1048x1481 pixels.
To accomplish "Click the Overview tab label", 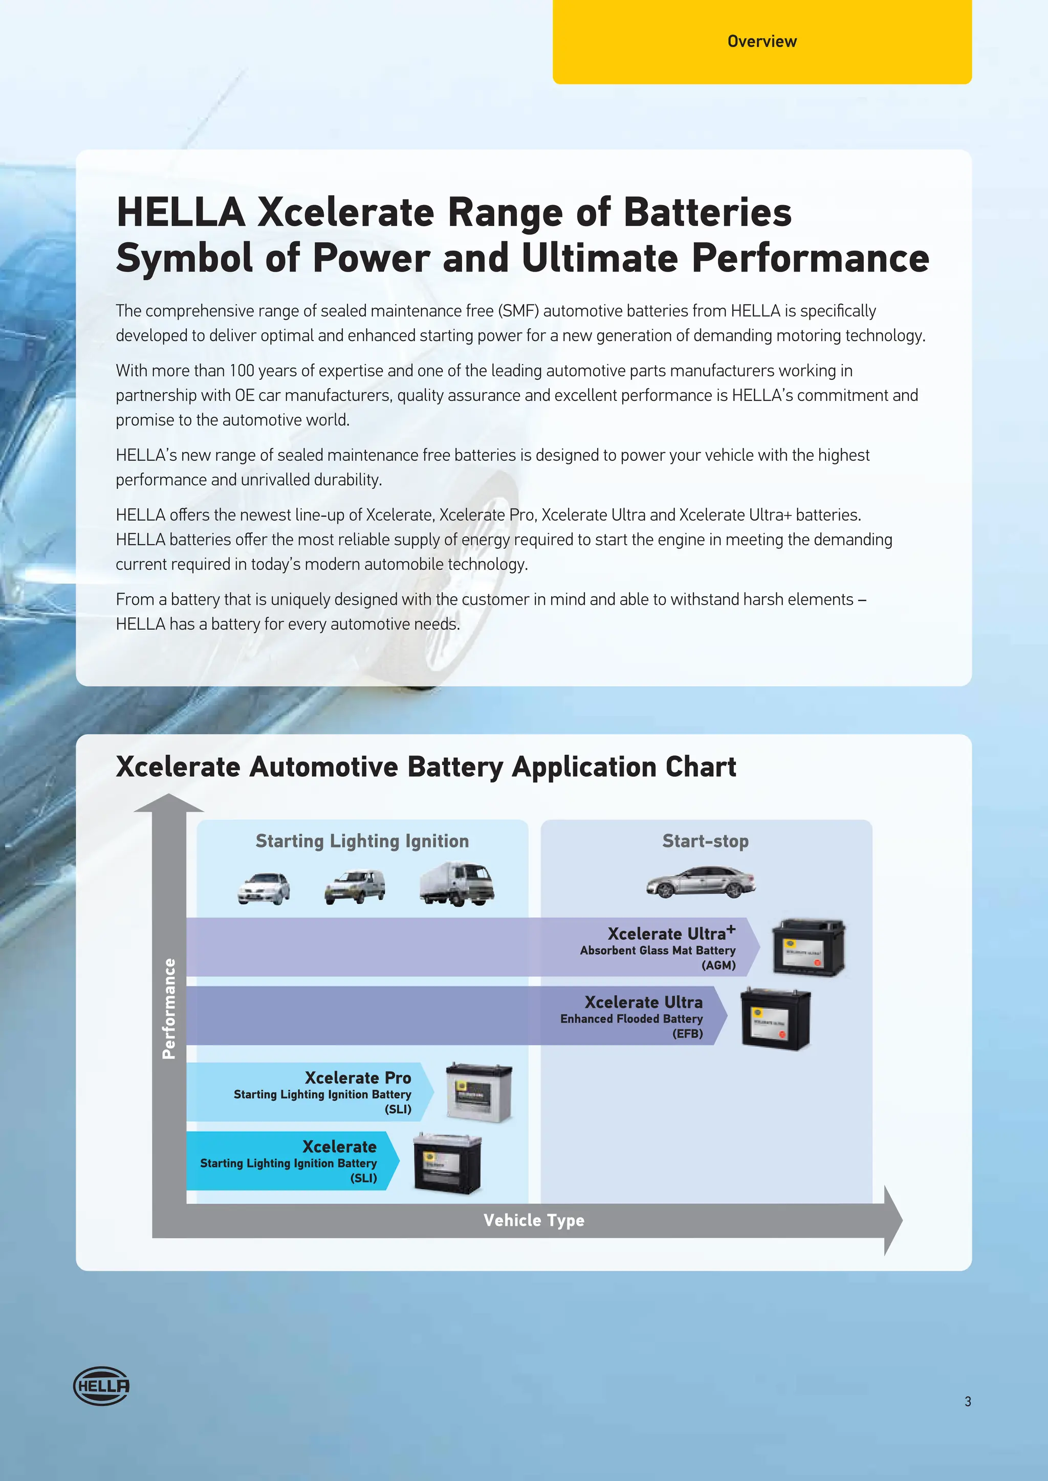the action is (x=761, y=41).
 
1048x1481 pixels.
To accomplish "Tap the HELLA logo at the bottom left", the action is (x=101, y=1385).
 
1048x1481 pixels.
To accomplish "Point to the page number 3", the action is (x=967, y=1401).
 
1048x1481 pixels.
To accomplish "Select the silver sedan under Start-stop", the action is (x=701, y=882).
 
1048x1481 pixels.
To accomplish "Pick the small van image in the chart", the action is (x=355, y=887).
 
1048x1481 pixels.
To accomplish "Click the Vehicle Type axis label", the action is (x=534, y=1220).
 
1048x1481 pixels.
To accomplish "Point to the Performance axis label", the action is (x=169, y=1008).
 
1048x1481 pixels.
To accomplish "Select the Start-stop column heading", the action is (x=705, y=841).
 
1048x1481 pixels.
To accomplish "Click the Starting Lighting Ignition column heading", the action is (x=362, y=841).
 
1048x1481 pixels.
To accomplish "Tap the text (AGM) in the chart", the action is (x=718, y=966).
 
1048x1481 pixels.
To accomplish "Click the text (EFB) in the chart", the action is (x=687, y=1034).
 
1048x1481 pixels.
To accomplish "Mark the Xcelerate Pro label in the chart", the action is (x=358, y=1078).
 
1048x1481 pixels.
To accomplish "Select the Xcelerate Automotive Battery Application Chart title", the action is (x=426, y=767).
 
